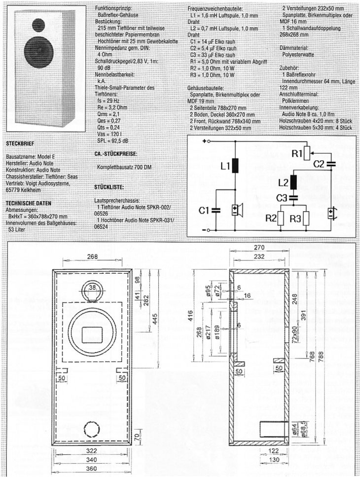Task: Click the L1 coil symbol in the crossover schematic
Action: [x=236, y=166]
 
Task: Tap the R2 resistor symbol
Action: [x=281, y=219]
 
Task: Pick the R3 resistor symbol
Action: [x=306, y=219]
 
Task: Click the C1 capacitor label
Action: [x=204, y=210]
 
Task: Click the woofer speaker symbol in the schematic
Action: [x=238, y=210]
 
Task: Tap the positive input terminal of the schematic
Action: [x=207, y=141]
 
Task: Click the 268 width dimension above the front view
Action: [x=92, y=257]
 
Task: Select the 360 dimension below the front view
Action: [x=91, y=469]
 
